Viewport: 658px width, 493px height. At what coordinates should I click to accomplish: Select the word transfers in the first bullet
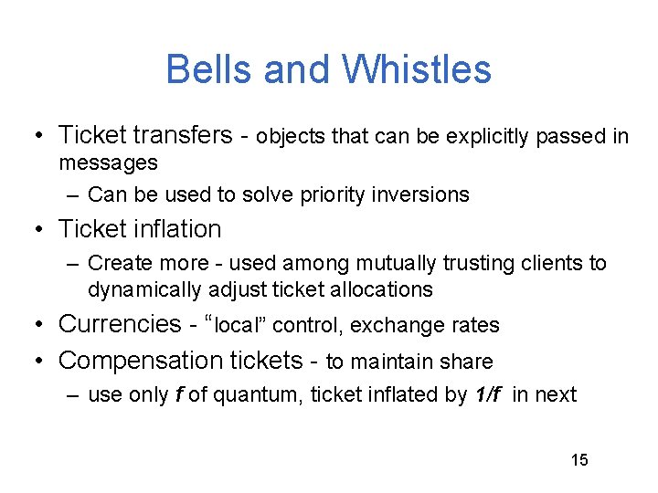click(183, 136)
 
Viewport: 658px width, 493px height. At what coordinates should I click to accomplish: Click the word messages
click(108, 163)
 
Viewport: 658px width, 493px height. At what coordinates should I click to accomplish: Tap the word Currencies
click(120, 324)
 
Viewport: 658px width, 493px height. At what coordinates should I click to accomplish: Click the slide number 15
click(579, 459)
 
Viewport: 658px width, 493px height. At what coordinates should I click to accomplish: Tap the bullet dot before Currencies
click(37, 325)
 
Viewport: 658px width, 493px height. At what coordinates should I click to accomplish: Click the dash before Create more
click(72, 264)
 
